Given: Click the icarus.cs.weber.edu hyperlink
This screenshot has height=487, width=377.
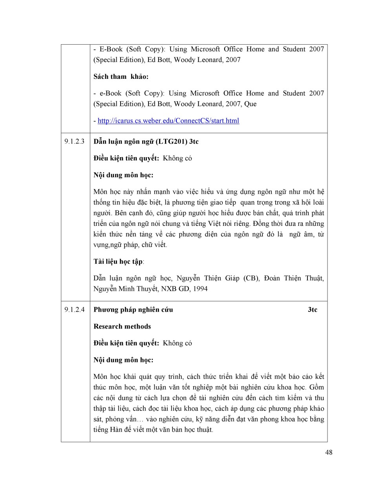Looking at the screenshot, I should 168,121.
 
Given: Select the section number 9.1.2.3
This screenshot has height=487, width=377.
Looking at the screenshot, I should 75,142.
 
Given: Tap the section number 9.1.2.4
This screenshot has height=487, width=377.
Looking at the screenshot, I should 75,310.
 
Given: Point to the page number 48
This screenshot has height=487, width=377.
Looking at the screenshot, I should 329,452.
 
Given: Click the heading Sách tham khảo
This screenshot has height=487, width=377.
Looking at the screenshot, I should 121,77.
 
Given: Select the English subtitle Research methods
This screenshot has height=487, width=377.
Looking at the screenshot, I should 122,327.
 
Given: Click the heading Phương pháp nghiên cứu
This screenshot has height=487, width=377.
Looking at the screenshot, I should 133,310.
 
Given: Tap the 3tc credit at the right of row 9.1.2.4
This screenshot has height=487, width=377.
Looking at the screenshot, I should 313,310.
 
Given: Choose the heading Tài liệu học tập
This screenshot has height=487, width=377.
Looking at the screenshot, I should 118,262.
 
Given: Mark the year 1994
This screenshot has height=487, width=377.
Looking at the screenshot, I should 200,289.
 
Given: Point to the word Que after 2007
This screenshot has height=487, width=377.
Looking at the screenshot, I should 250,104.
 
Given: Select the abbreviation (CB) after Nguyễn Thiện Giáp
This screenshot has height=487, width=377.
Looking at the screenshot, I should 251,278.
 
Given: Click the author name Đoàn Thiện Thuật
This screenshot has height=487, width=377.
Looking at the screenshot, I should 294,278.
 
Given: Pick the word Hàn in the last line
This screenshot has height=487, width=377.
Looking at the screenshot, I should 116,430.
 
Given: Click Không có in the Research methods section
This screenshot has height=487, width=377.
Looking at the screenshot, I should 178,343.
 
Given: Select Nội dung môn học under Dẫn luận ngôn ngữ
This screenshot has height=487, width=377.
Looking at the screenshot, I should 123,175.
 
